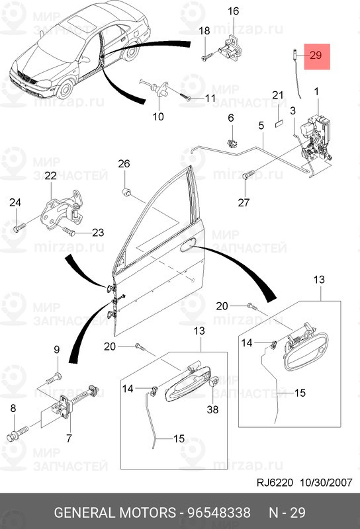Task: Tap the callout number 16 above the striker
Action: (x=234, y=11)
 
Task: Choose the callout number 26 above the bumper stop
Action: (x=124, y=164)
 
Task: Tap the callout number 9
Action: (x=56, y=350)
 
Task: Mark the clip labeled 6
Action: (x=232, y=142)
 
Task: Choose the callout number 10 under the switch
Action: (x=158, y=117)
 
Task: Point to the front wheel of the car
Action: (x=66, y=87)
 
